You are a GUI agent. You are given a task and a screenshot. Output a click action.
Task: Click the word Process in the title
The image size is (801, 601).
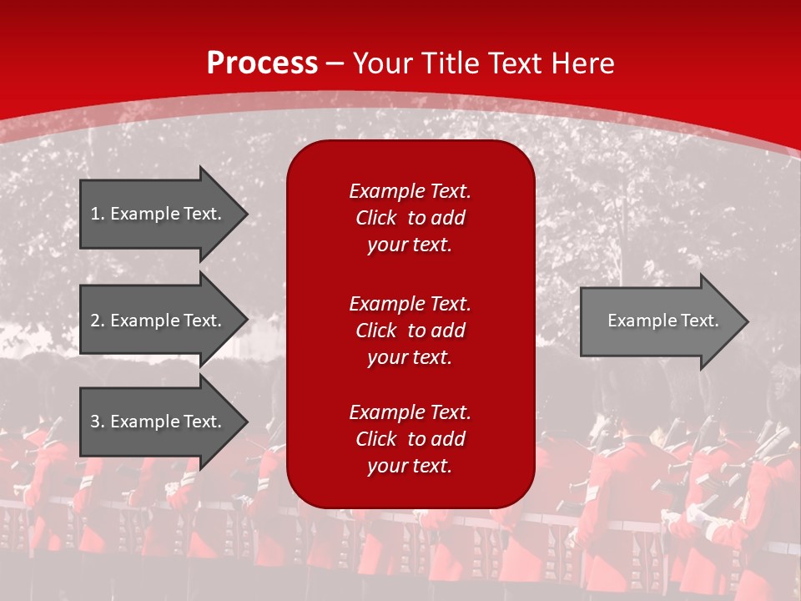[262, 63]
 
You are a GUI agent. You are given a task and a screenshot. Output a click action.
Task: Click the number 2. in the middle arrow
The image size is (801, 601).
[98, 321]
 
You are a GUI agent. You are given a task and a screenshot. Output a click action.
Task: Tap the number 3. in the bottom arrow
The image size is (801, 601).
[98, 422]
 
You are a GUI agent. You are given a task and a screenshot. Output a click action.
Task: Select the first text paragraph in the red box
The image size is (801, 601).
[410, 218]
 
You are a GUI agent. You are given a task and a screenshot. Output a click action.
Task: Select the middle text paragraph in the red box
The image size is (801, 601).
[410, 331]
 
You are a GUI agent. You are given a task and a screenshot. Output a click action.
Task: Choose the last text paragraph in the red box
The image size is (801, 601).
[410, 439]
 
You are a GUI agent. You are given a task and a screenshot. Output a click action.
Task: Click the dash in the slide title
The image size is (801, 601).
[335, 63]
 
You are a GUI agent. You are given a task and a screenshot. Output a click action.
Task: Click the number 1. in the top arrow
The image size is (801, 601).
[98, 214]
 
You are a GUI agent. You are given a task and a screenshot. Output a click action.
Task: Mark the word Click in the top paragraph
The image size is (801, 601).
[376, 218]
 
